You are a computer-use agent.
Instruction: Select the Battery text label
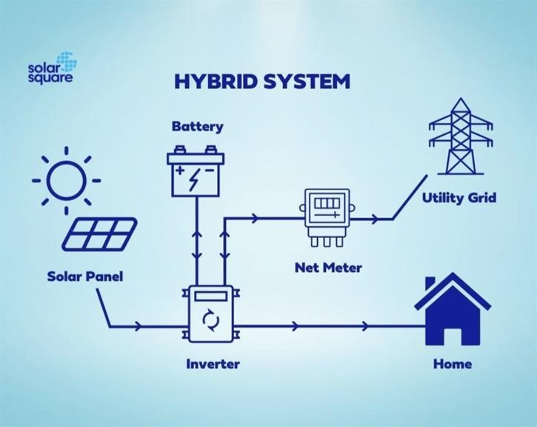pyautogui.click(x=197, y=127)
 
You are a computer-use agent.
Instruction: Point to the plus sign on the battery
pyautogui.click(x=180, y=171)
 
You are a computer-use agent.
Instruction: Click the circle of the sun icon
pyautogui.click(x=66, y=180)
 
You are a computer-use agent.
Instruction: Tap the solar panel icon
pyautogui.click(x=99, y=234)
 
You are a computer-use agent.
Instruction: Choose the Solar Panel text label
pyautogui.click(x=85, y=277)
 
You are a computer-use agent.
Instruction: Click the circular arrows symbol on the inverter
pyautogui.click(x=211, y=320)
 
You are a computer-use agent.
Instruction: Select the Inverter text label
pyautogui.click(x=213, y=364)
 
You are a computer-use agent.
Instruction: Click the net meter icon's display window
pyautogui.click(x=327, y=204)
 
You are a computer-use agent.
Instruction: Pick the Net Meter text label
pyautogui.click(x=328, y=268)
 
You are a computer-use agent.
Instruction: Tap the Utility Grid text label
pyautogui.click(x=459, y=198)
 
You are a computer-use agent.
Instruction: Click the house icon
pyautogui.click(x=453, y=309)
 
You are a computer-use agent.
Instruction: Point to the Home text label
pyautogui.click(x=453, y=364)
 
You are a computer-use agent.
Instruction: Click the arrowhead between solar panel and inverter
pyautogui.click(x=139, y=326)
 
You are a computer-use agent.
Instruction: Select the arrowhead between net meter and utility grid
pyautogui.click(x=376, y=219)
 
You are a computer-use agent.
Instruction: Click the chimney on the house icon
pyautogui.click(x=430, y=284)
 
